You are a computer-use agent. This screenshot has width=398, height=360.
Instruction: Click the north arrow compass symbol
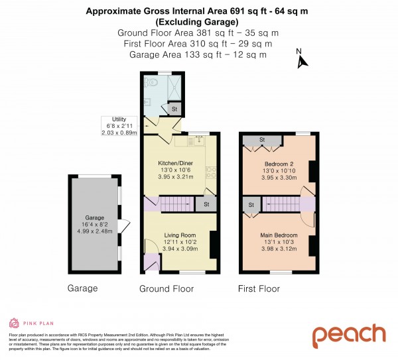click(x=302, y=60)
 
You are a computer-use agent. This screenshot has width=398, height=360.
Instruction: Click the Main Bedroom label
click(x=279, y=235)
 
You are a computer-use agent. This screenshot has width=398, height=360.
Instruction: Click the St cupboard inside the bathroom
click(x=174, y=108)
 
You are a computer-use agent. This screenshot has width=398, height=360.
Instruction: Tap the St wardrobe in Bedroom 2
click(x=262, y=140)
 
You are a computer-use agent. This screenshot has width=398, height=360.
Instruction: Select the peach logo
click(x=349, y=335)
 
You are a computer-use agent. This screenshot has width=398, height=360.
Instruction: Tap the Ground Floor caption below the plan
click(x=166, y=289)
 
